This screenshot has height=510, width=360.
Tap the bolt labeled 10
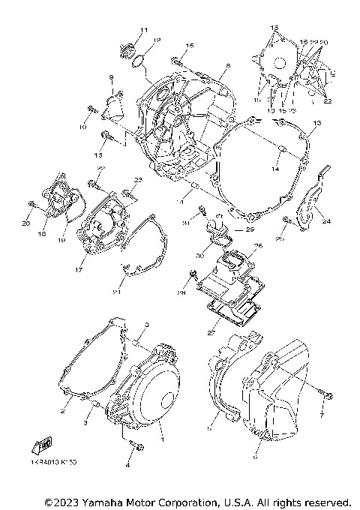click(89, 112)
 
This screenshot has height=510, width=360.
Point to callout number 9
click(111, 77)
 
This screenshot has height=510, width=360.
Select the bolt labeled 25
click(287, 220)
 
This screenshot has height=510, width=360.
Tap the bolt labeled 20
click(31, 204)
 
